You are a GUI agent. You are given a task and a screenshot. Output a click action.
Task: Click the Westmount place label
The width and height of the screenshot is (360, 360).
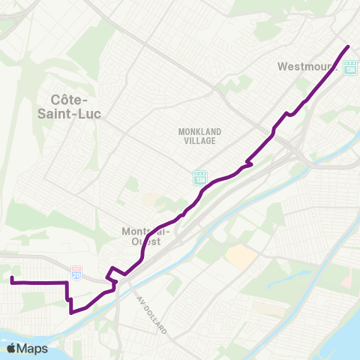(x=304, y=66)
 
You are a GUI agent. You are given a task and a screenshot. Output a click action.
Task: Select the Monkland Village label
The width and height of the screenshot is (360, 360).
(x=197, y=136)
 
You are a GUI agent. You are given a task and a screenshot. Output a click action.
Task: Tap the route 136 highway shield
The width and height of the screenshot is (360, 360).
(x=350, y=68)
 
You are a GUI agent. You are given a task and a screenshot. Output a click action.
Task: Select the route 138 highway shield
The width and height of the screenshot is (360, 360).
(x=200, y=177)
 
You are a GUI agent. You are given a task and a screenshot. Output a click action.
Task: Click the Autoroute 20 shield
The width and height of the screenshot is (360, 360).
(x=76, y=273)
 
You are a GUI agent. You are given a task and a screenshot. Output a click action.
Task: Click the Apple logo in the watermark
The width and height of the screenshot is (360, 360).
(x=12, y=349)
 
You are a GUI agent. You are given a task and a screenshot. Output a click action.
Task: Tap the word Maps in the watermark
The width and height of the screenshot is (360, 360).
(x=34, y=349)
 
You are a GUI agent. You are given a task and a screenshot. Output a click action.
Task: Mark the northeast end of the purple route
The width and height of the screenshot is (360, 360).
(x=349, y=46)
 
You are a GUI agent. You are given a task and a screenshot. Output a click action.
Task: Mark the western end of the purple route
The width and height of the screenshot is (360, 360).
(x=12, y=278)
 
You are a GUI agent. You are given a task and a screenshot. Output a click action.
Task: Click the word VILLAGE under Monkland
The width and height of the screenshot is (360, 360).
(x=197, y=140)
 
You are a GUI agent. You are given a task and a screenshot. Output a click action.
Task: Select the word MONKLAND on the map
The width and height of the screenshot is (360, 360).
(x=197, y=131)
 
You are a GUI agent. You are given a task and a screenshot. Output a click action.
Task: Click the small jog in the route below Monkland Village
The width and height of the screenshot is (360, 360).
(x=249, y=162)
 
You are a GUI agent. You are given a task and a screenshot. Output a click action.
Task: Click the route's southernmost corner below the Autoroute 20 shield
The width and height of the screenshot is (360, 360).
(x=70, y=313)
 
